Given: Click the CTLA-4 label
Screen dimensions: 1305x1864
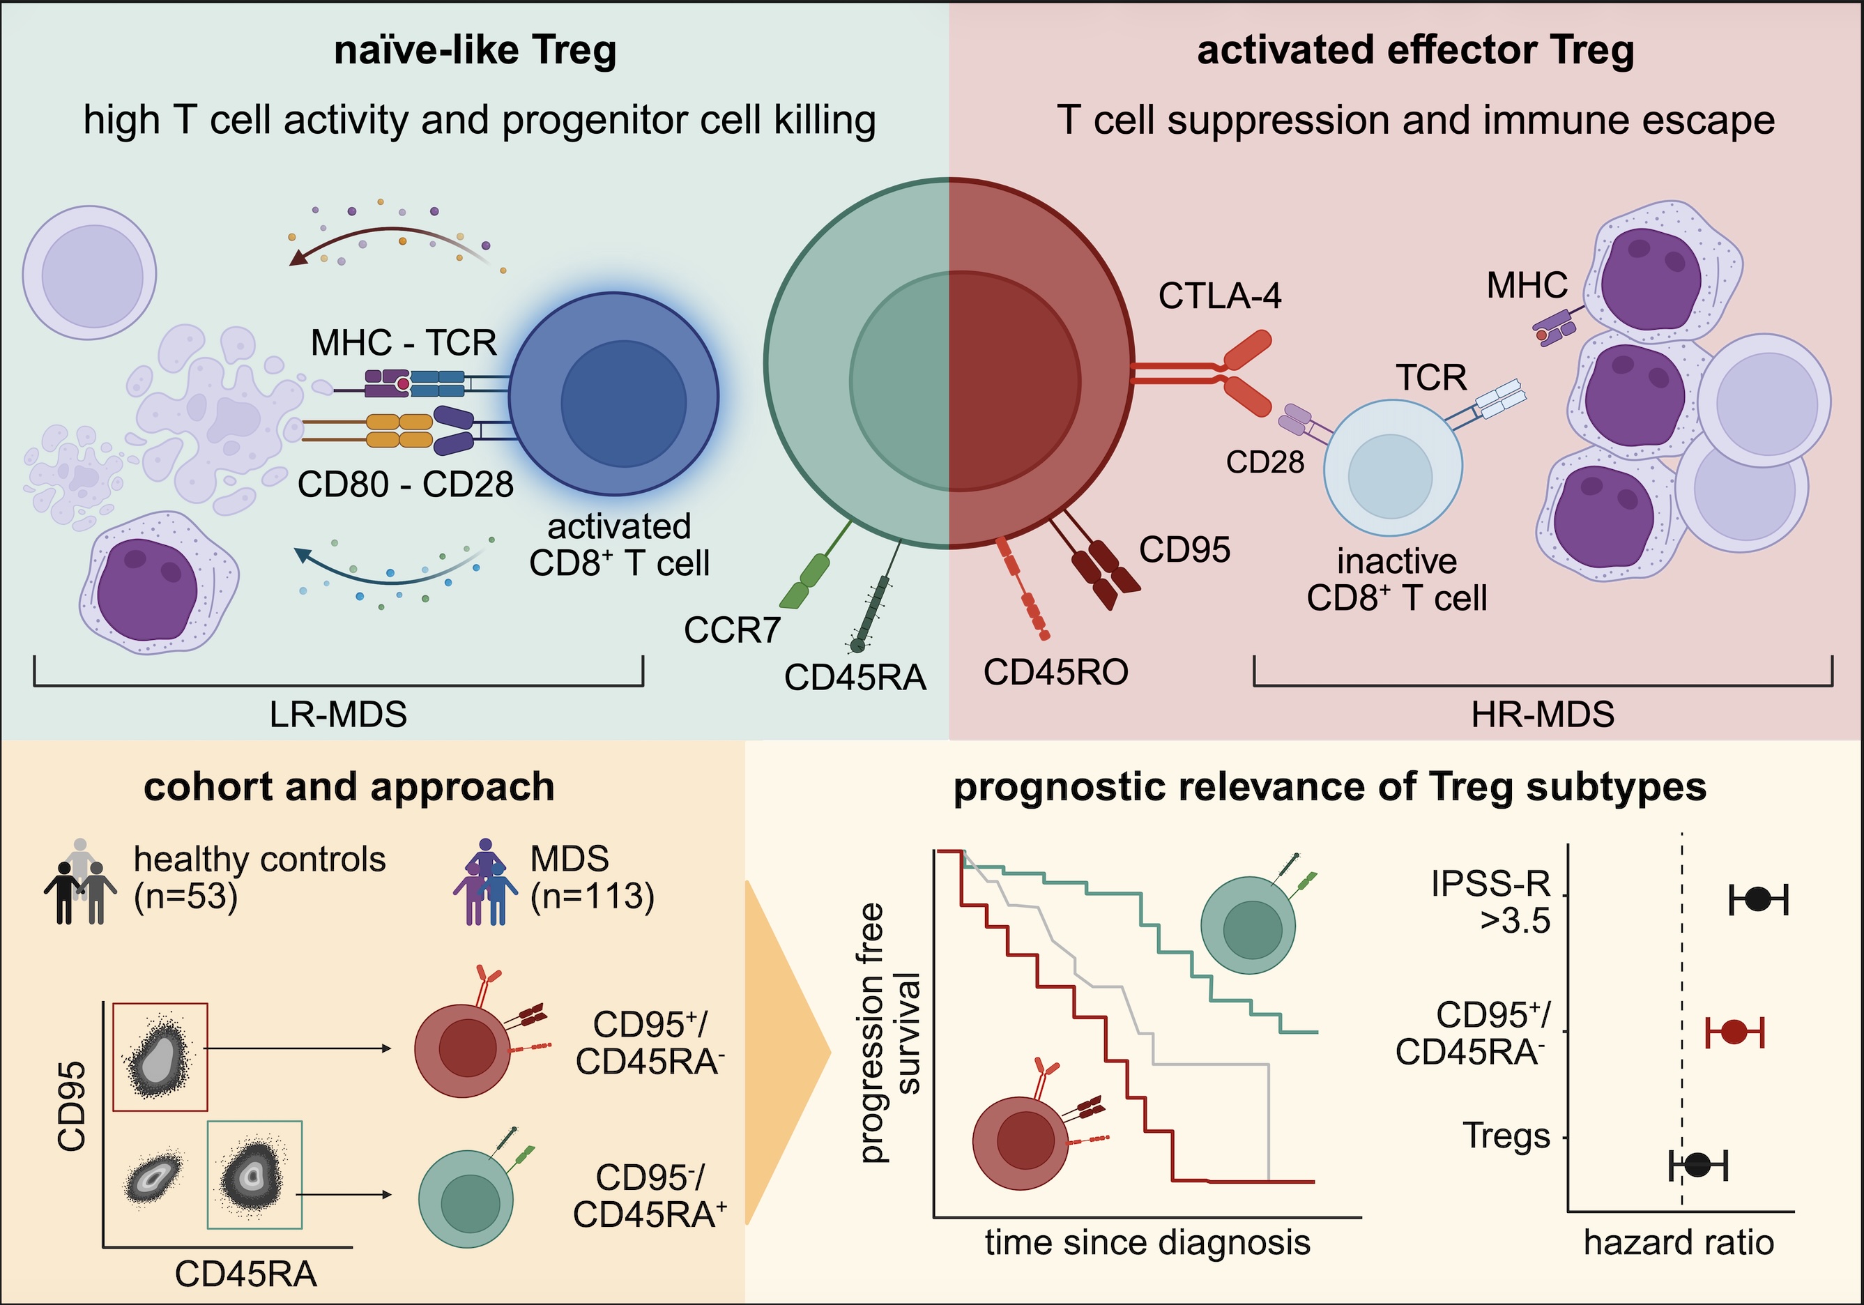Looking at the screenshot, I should [x=1219, y=296].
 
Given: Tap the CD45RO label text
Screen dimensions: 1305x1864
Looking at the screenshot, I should [x=1055, y=673].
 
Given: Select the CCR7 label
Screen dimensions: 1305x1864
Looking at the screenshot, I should [x=731, y=630].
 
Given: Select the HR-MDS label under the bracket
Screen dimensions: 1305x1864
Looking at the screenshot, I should [x=1543, y=715].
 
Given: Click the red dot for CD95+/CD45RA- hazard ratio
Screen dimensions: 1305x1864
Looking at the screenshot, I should [x=1733, y=1032].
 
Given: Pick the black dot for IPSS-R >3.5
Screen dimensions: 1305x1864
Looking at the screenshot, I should [x=1757, y=899].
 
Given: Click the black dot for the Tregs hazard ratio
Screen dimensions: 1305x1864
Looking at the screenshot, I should [x=1697, y=1164].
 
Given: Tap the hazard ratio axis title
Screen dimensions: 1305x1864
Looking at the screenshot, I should [x=1678, y=1242].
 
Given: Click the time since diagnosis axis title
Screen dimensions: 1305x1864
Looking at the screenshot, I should [x=1147, y=1242].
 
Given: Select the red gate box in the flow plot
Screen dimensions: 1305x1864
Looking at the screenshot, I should [x=160, y=1055].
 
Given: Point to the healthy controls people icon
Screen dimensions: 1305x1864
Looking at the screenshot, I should [x=79, y=883].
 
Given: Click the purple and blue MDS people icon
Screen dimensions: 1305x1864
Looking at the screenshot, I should [x=485, y=883].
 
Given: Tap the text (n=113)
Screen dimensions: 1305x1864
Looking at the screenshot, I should [x=592, y=896].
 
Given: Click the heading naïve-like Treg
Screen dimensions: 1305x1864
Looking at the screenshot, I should [x=475, y=50].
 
